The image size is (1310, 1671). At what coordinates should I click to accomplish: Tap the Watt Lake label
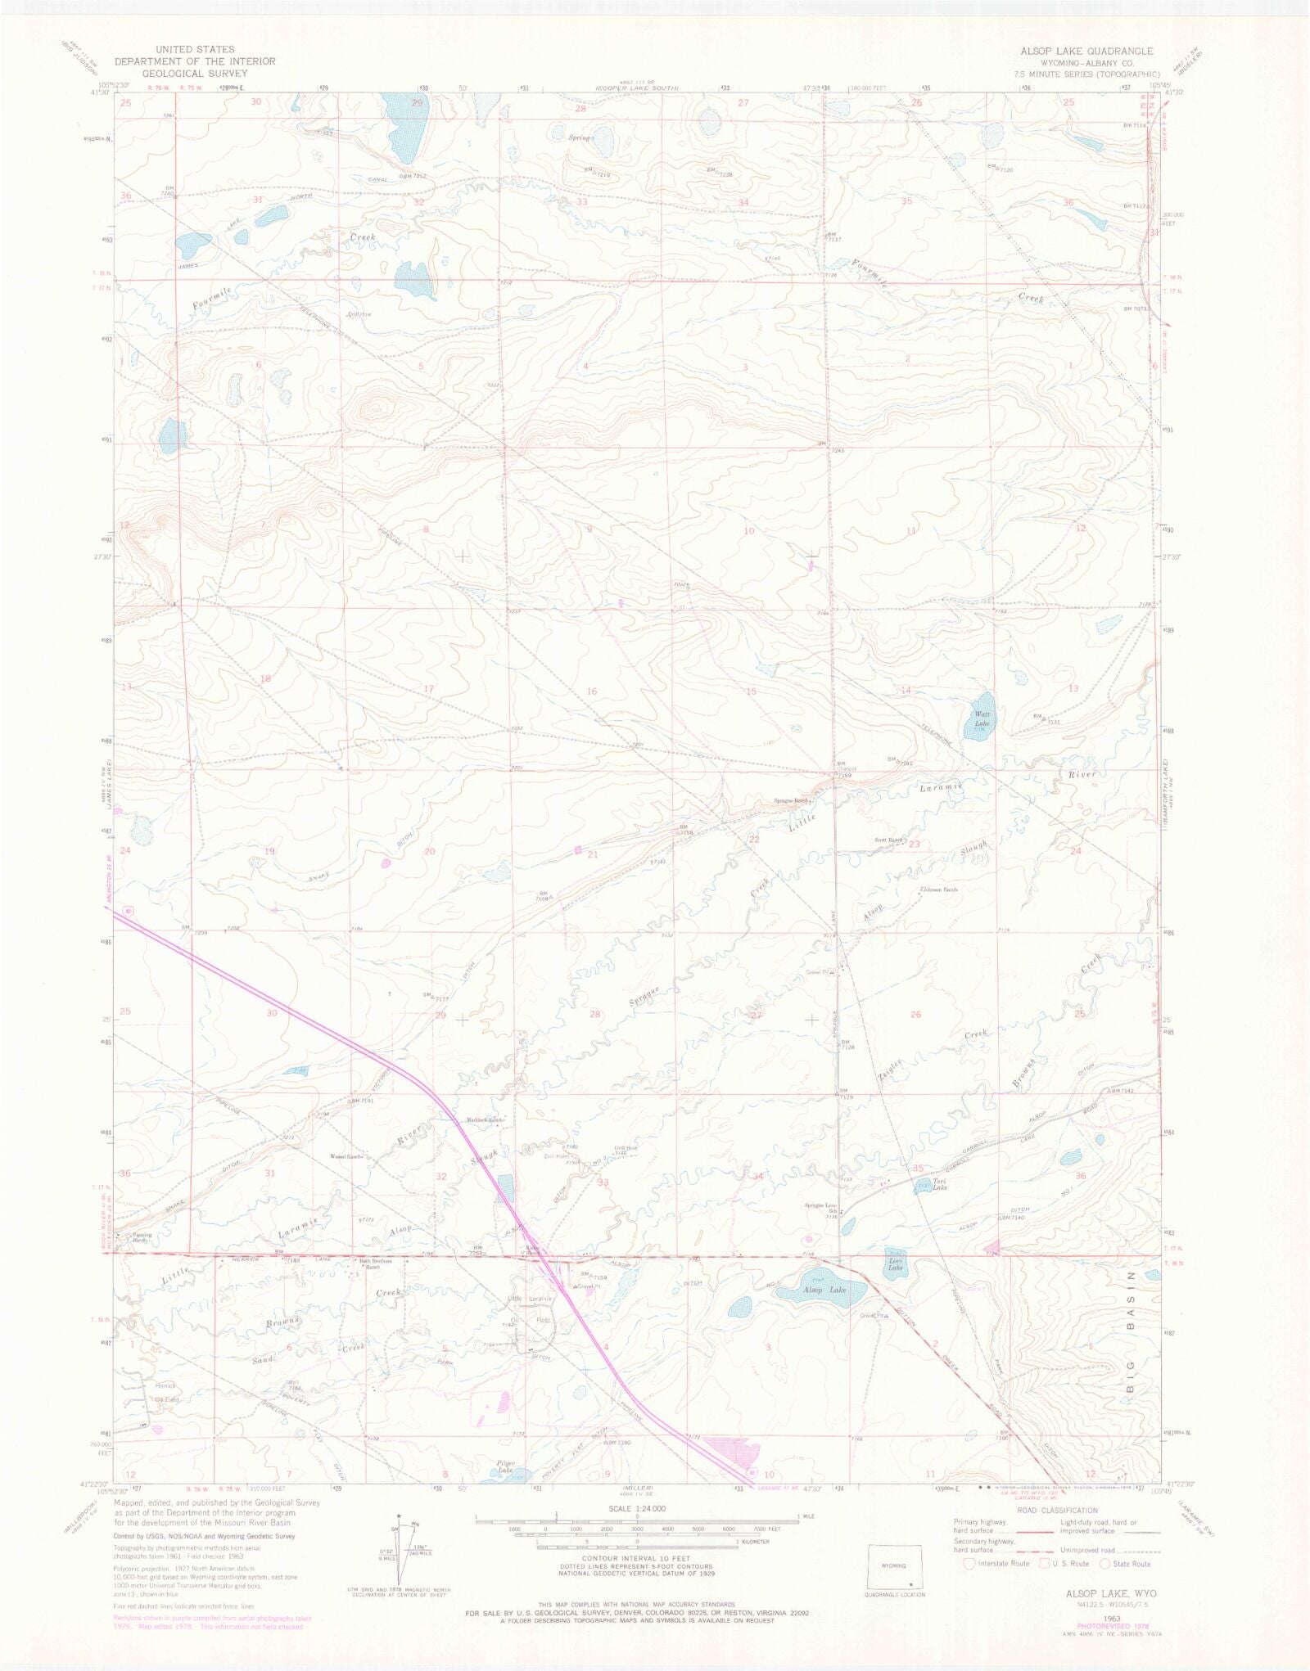pos(982,718)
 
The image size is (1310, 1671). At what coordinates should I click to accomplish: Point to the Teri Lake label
pos(940,1187)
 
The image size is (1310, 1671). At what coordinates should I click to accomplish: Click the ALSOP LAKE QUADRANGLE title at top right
pos(1086,51)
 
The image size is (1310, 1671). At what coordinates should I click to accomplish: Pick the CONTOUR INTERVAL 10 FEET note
pos(636,1559)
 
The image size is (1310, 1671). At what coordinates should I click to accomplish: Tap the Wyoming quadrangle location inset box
pos(894,1566)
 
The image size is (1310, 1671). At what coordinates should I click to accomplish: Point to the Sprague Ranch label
pos(791,801)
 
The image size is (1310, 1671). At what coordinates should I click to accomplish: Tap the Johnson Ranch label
pos(941,890)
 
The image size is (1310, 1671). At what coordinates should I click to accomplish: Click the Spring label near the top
pos(579,138)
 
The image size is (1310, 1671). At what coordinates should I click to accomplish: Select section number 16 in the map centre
pos(591,691)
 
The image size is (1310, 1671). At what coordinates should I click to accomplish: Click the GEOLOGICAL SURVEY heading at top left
pos(195,73)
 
